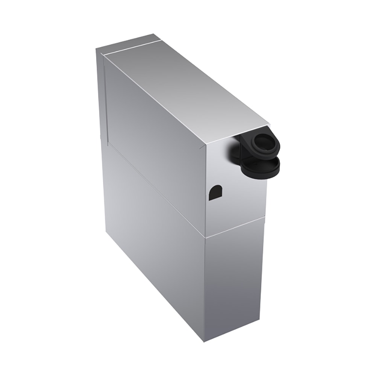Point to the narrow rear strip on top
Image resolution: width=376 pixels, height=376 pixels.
pyautogui.click(x=128, y=44)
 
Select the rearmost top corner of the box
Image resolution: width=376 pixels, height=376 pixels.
pyautogui.click(x=155, y=34)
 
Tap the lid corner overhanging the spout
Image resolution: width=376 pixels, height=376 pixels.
pyautogui.click(x=269, y=124)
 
